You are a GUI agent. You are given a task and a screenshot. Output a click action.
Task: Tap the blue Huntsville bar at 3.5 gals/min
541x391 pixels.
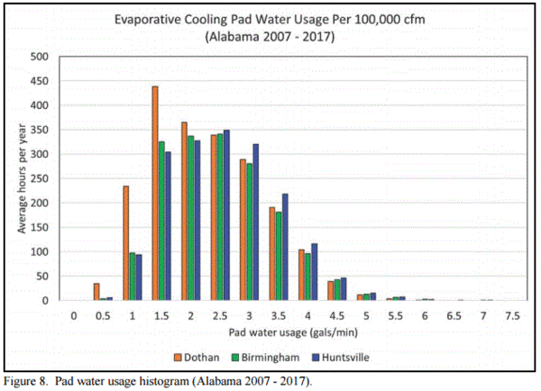[x=285, y=247]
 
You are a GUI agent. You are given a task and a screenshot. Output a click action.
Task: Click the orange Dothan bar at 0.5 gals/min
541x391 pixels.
[x=96, y=292]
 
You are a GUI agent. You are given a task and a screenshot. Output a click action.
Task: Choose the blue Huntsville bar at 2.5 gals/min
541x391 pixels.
[x=227, y=215]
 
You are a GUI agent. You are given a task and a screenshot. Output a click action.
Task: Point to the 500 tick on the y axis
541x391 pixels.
[x=39, y=57]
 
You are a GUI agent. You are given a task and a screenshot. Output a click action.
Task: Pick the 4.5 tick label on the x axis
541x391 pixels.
[x=335, y=315]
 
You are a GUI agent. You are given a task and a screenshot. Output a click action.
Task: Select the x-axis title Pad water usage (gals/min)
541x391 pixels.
[x=291, y=332]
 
